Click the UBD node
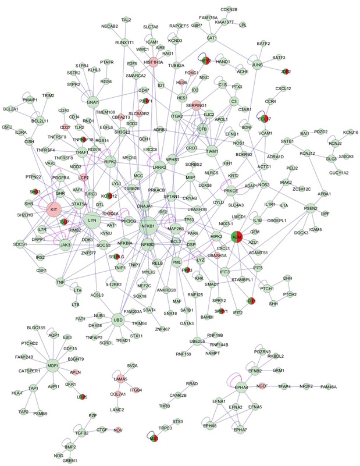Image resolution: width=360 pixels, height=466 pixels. (x=118, y=319)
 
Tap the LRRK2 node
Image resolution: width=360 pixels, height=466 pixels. (x=156, y=168)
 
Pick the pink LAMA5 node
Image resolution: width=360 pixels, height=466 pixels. (x=121, y=379)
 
